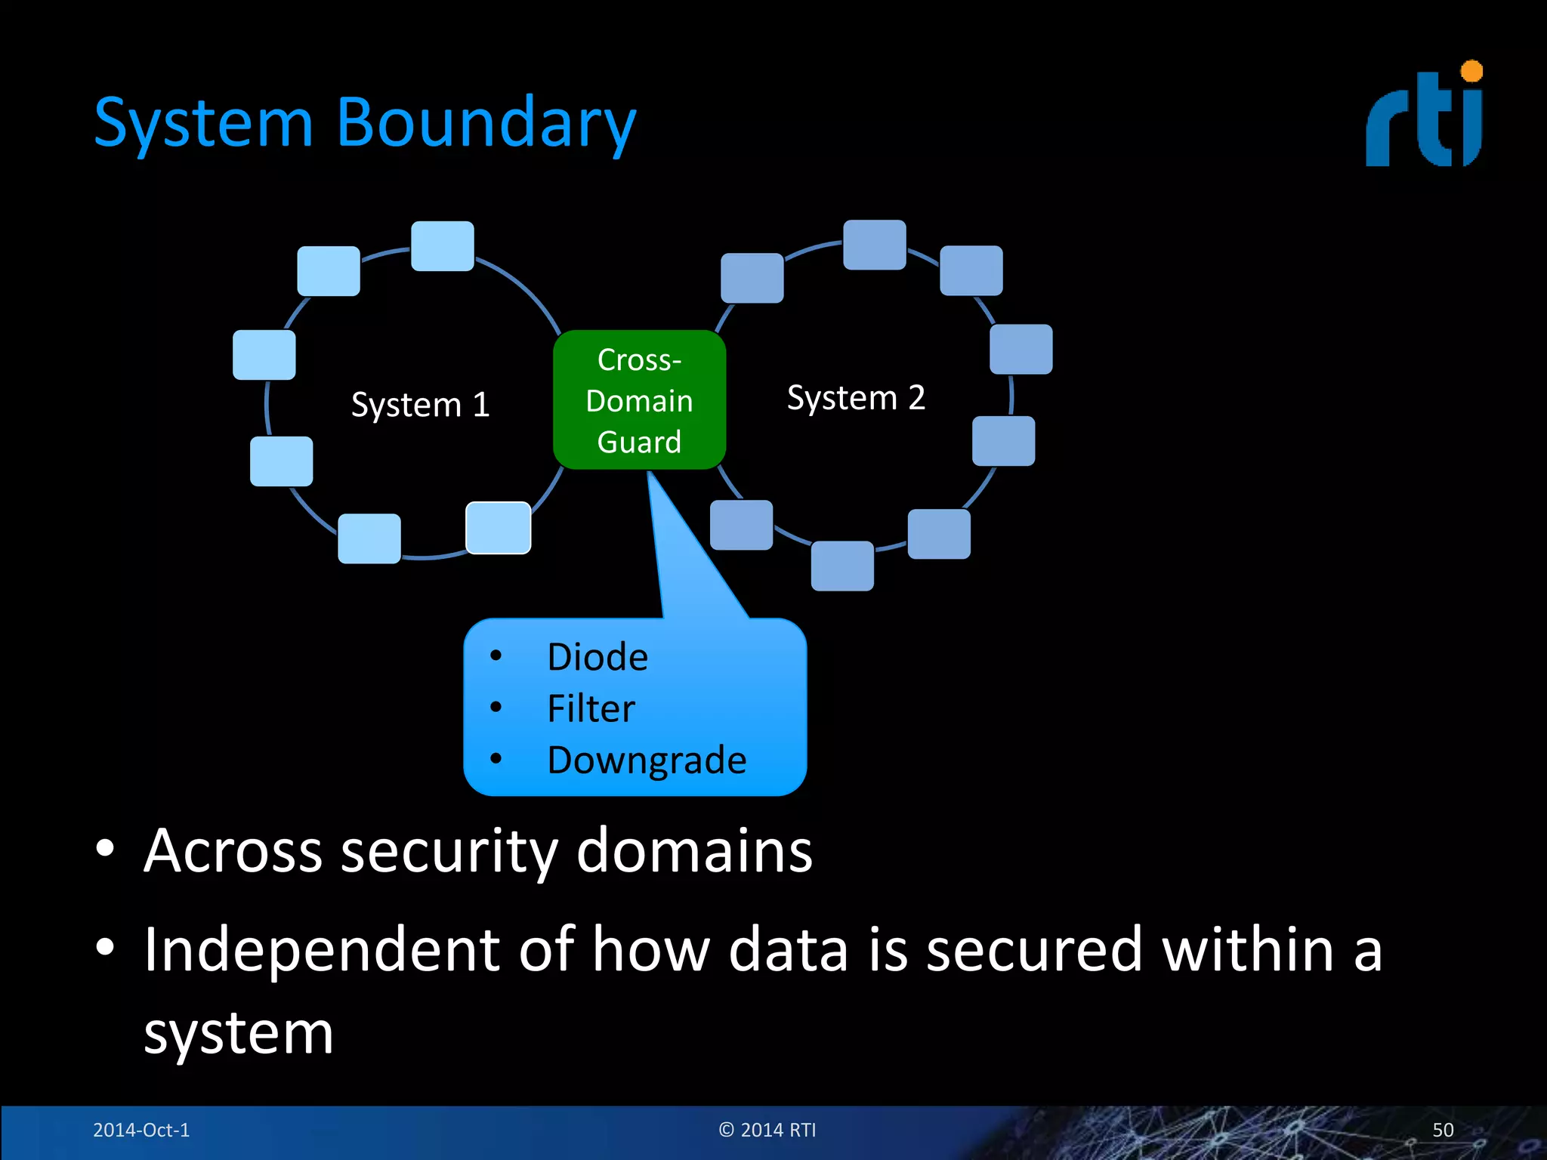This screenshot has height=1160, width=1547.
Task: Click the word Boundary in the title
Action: coord(486,123)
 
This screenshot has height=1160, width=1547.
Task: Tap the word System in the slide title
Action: coord(203,123)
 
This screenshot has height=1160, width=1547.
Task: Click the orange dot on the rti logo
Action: coord(1471,72)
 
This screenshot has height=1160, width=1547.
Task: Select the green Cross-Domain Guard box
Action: coord(639,400)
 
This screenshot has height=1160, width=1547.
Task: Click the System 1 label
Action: coord(420,405)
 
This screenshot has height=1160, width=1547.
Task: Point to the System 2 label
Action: coord(856,397)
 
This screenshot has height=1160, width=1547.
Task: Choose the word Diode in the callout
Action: coord(597,657)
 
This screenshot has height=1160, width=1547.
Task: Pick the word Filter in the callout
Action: coord(591,708)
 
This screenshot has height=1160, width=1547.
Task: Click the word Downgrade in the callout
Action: coord(647,760)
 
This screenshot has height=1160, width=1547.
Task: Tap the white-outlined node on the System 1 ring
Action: coord(498,528)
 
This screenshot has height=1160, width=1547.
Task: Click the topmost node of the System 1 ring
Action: coord(442,246)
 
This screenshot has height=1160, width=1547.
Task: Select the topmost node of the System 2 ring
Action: coord(874,245)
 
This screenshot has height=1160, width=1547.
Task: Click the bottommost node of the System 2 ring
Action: coord(842,566)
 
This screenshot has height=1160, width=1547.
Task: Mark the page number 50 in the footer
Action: coord(1442,1130)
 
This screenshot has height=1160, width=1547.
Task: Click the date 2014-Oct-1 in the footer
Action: coord(141,1130)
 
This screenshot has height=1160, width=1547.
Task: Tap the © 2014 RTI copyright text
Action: coord(767,1130)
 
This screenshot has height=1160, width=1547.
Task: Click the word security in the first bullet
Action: coord(449,851)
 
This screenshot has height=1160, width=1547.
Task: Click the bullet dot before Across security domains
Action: coord(105,848)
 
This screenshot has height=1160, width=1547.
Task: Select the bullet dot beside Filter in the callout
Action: coord(496,707)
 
